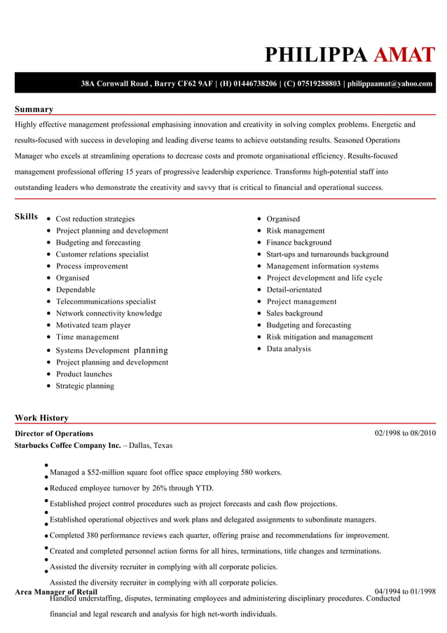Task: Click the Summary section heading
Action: tap(34, 109)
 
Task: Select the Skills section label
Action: tap(27, 217)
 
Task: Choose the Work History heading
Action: tap(41, 418)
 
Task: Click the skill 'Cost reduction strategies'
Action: tap(95, 219)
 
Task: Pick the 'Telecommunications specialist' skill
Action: tap(106, 301)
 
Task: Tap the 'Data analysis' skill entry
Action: tap(289, 348)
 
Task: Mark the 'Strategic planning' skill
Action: tap(85, 386)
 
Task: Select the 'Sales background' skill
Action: tap(294, 313)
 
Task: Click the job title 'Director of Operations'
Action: tap(54, 433)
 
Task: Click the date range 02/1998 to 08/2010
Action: tap(405, 433)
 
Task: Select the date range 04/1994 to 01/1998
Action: tap(405, 591)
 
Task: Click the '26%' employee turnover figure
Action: tap(180, 488)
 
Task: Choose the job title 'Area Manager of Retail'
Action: tap(56, 592)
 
